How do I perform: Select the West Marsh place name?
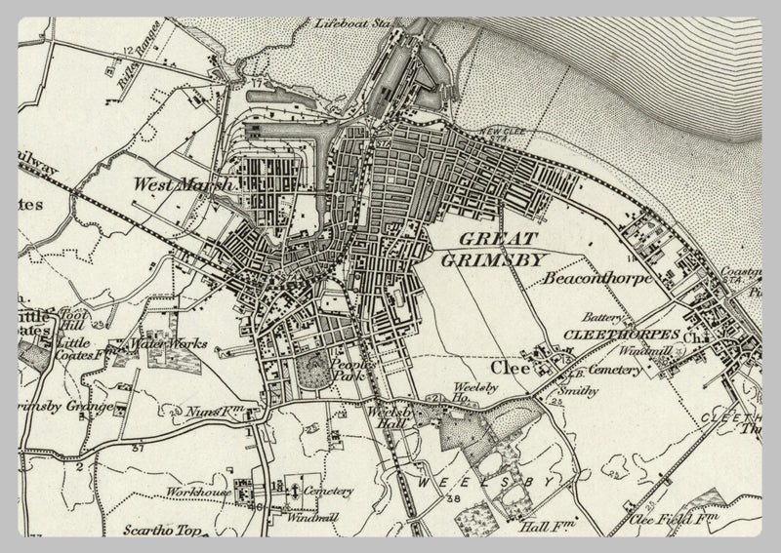click(x=184, y=183)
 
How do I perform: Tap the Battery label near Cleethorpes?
click(x=602, y=316)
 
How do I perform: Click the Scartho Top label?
click(x=160, y=533)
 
